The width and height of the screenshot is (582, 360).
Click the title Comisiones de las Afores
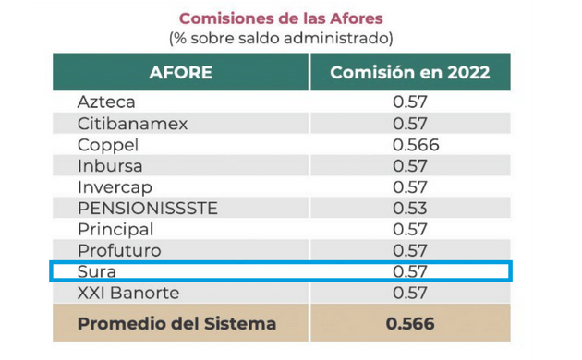tap(281, 18)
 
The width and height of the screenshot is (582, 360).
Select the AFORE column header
tap(180, 72)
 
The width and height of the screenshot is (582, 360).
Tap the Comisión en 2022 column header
tap(409, 72)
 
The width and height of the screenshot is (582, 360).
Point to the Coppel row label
tap(107, 145)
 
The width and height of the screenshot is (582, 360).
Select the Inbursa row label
tap(109, 166)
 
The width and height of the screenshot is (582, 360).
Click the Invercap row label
tap(113, 187)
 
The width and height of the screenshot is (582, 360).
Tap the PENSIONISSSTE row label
tap(148, 209)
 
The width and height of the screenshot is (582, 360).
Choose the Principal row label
tap(115, 230)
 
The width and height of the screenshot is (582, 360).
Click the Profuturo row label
tap(119, 251)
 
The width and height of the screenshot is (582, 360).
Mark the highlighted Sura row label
tap(96, 272)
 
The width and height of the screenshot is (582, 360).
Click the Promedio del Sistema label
tap(176, 325)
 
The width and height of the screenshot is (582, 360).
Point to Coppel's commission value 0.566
tap(415, 145)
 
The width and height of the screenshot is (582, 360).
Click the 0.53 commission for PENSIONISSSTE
tap(410, 209)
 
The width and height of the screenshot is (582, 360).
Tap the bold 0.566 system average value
tap(410, 325)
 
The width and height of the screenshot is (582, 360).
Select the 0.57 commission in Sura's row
tap(410, 272)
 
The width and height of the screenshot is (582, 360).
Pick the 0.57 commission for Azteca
tap(410, 102)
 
